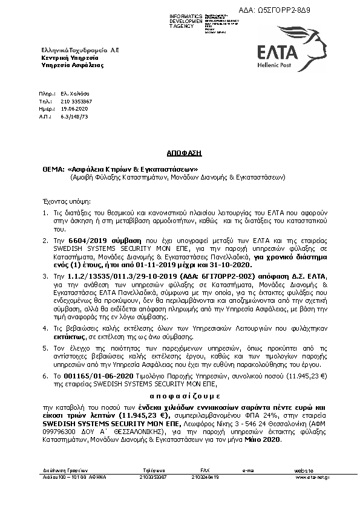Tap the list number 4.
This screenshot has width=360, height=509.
pos(44,326)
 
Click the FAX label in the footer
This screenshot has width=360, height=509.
pos(205,468)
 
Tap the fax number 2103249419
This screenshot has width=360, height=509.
pos(205,476)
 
